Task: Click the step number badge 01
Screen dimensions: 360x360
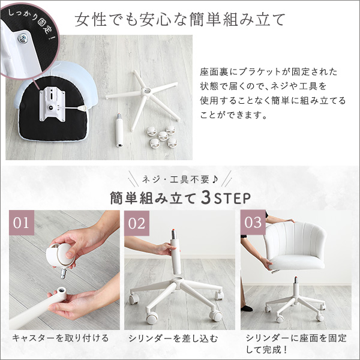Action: [x=22, y=222]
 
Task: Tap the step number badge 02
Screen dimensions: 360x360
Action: [x=137, y=223]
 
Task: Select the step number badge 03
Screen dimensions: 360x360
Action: [x=253, y=222]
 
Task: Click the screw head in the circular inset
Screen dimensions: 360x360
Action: [x=23, y=38]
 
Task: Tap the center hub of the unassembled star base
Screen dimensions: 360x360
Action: [x=146, y=91]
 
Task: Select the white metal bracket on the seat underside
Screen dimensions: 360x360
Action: [x=52, y=104]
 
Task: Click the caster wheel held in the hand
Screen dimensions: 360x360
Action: [x=60, y=256]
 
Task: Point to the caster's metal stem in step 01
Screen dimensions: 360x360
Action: [x=64, y=273]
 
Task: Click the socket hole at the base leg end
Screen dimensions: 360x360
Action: [x=62, y=291]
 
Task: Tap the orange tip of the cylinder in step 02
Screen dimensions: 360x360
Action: [x=173, y=230]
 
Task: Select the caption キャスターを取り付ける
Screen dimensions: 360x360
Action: [x=60, y=338]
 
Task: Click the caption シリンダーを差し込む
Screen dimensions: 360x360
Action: [x=173, y=338]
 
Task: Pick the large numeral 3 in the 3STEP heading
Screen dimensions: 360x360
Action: [x=205, y=198]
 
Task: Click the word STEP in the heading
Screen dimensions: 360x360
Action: [x=232, y=199]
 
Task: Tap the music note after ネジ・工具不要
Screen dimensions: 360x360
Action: [x=215, y=179]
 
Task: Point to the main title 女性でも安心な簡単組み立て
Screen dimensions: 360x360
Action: [x=180, y=20]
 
